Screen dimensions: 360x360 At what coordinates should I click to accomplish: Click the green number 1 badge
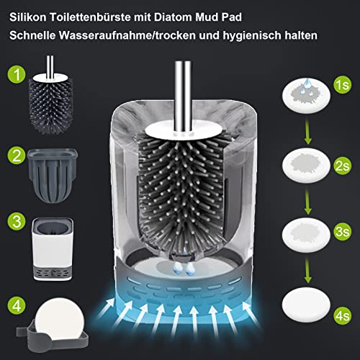click(x=16, y=74)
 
